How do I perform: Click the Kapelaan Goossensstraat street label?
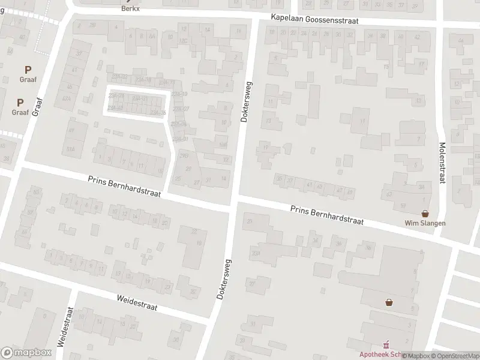tap(314, 20)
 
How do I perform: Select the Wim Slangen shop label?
tap(425, 223)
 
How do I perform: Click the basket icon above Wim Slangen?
tap(425, 213)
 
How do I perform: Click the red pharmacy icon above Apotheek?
tap(386, 344)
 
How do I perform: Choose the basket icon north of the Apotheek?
tap(390, 302)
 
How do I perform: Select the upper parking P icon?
tap(28, 70)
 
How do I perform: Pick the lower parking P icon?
tap(20, 103)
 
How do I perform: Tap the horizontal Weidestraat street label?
tap(137, 302)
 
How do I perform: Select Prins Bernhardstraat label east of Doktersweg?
tap(327, 215)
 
